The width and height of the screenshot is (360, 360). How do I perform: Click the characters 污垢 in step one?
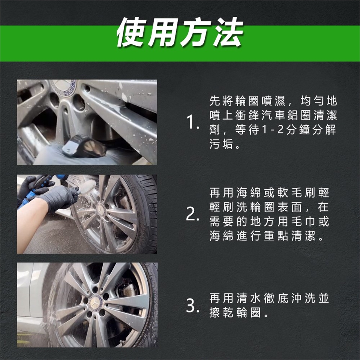221,144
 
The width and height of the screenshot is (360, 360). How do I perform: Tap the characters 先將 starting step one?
221,101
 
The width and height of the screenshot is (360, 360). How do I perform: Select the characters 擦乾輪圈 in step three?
235,312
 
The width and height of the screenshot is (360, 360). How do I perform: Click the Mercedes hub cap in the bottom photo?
94,303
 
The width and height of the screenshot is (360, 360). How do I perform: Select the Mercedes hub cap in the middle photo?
100,209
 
